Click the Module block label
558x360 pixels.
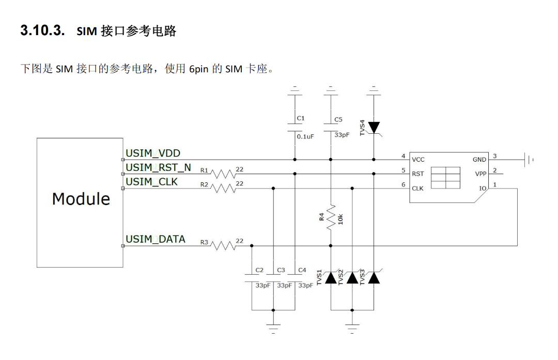(81, 199)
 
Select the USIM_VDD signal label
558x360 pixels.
(153, 153)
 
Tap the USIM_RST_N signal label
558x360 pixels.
(158, 167)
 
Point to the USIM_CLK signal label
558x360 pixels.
(151, 182)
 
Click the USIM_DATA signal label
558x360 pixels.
(156, 239)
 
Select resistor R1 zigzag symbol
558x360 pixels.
(223, 174)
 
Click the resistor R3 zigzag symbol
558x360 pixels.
(223, 246)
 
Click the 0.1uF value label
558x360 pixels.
(305, 137)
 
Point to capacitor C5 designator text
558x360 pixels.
(338, 119)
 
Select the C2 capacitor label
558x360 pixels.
(259, 270)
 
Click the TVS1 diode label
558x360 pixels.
(320, 277)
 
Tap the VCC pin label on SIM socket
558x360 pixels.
(418, 160)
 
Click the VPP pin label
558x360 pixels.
(481, 174)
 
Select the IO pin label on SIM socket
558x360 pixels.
(483, 189)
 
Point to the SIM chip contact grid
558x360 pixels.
(445, 178)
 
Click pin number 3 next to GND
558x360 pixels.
(494, 156)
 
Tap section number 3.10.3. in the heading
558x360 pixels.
(42, 31)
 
